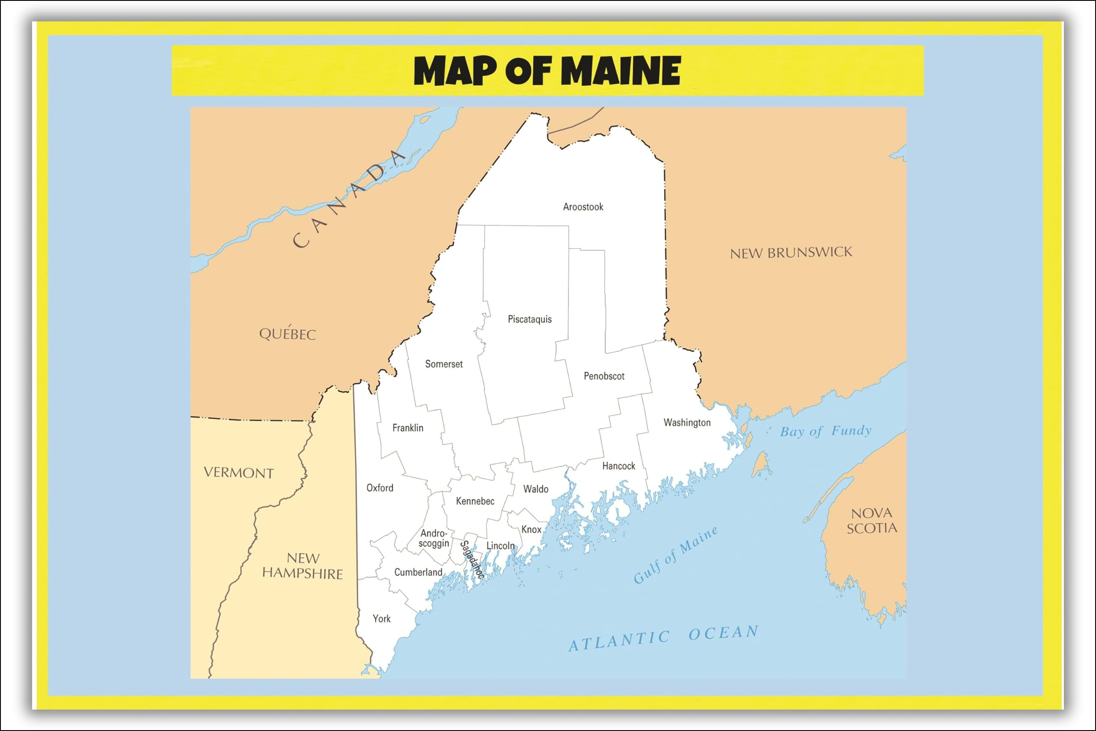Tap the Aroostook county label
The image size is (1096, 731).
[583, 206]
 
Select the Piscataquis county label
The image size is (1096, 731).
[529, 319]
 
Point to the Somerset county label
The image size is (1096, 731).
[444, 364]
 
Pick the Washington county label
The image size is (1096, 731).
[687, 422]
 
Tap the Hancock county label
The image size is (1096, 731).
[618, 466]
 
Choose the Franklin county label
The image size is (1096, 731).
[408, 428]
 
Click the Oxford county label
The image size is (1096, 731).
[380, 488]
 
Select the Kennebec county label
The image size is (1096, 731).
[475, 501]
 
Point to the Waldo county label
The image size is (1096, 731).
[536, 489]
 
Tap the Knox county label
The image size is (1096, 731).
[531, 529]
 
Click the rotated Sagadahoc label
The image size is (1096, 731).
[471, 559]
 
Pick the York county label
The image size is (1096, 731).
[381, 619]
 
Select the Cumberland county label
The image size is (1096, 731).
[418, 572]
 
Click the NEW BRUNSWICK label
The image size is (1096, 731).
[791, 253]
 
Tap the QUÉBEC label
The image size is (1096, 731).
[287, 333]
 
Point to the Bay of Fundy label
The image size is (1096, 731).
[825, 431]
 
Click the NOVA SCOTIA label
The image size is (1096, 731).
[871, 521]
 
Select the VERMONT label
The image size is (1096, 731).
[238, 472]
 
